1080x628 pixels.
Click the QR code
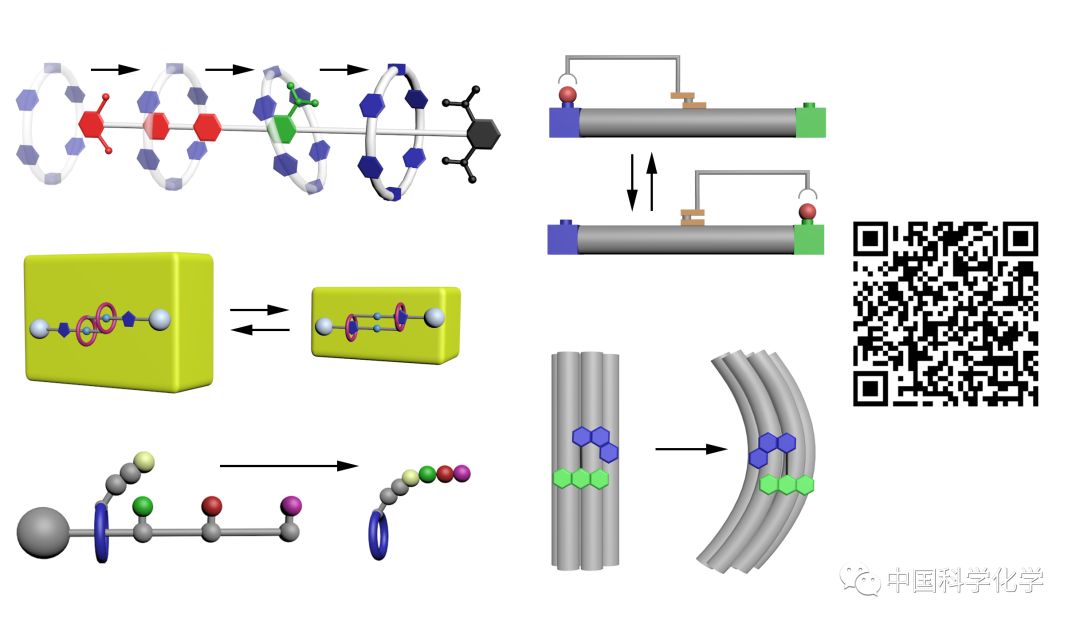(945, 313)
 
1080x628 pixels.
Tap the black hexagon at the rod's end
(483, 133)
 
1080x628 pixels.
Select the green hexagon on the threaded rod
(285, 128)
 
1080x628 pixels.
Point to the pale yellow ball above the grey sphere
(143, 461)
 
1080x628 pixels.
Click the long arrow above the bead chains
(288, 465)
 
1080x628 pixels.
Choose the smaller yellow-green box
(386, 322)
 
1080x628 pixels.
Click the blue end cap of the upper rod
(565, 121)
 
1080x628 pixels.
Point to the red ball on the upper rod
(567, 96)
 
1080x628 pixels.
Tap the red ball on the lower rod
(806, 212)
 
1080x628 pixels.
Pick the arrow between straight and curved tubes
(690, 449)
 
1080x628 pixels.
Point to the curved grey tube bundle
(765, 460)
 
